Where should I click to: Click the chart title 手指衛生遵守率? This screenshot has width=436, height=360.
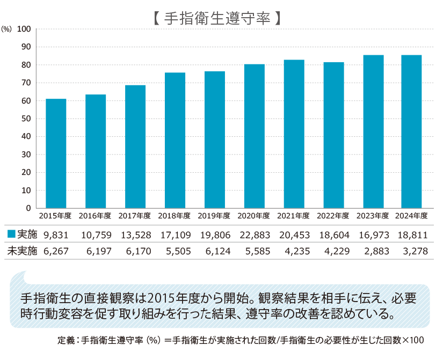pyautogui.click(x=218, y=18)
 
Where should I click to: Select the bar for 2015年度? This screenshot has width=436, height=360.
pyautogui.click(x=56, y=153)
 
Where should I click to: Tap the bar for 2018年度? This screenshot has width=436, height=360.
pyautogui.click(x=175, y=141)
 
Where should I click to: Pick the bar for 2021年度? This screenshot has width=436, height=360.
pyautogui.click(x=294, y=134)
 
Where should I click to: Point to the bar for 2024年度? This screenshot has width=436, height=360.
pyautogui.click(x=411, y=131)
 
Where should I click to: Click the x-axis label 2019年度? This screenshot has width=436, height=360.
pyautogui.click(x=215, y=216)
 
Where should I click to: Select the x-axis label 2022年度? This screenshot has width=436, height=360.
pyautogui.click(x=333, y=216)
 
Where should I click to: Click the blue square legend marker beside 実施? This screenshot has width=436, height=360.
pyautogui.click(x=11, y=234)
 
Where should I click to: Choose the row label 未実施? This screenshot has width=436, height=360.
pyautogui.click(x=21, y=251)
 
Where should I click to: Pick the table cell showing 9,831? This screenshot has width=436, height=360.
pyautogui.click(x=56, y=234)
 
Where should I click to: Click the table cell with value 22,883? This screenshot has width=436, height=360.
pyautogui.click(x=255, y=234)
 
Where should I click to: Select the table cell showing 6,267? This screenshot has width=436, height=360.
pyautogui.click(x=56, y=251)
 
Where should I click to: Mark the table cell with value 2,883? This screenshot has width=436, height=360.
pyautogui.click(x=373, y=251)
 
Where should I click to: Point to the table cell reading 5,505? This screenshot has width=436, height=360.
pyautogui.click(x=175, y=251)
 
